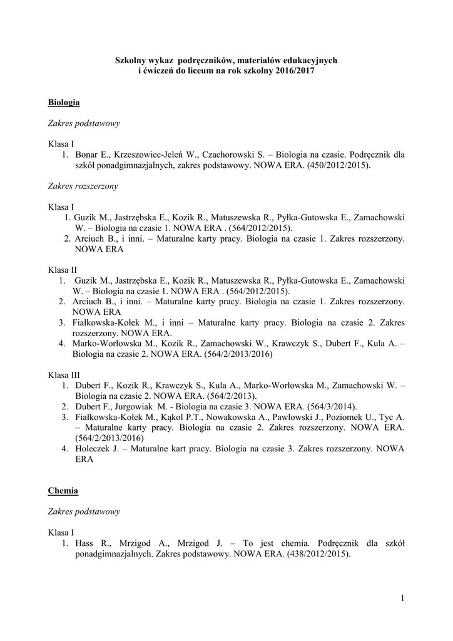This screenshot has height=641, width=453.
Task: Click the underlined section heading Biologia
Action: pyautogui.click(x=64, y=101)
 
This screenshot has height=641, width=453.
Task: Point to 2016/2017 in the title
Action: pyautogui.click(x=296, y=71)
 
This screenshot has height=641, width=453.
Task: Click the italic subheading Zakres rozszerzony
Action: pyautogui.click(x=83, y=186)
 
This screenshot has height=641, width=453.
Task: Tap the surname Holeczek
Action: pyautogui.click(x=92, y=449)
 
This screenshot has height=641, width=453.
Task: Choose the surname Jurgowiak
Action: pyautogui.click(x=132, y=406)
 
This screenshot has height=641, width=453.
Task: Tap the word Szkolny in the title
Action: pyautogui.click(x=130, y=60)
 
